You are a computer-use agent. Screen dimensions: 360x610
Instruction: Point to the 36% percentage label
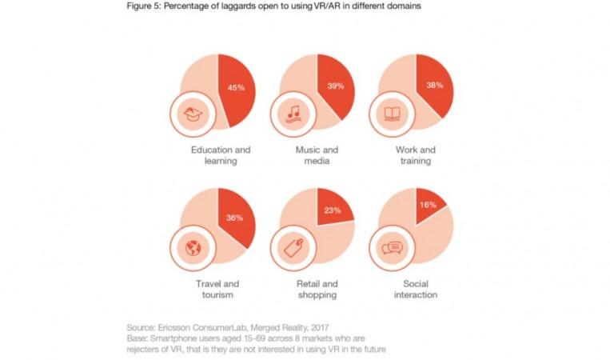click(234, 218)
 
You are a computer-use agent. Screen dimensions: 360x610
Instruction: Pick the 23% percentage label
click(332, 210)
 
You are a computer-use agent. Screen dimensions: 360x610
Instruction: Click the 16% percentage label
click(428, 205)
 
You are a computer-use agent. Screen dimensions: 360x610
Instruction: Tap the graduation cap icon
click(193, 114)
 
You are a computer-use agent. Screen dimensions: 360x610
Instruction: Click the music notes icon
click(293, 114)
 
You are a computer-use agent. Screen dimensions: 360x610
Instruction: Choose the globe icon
click(193, 247)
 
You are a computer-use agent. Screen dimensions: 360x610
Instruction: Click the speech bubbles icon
click(392, 247)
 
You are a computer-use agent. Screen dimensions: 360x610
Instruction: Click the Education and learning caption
click(221, 155)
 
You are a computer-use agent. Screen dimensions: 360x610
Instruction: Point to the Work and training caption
click(415, 155)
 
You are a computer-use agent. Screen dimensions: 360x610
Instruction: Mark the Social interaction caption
click(415, 289)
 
